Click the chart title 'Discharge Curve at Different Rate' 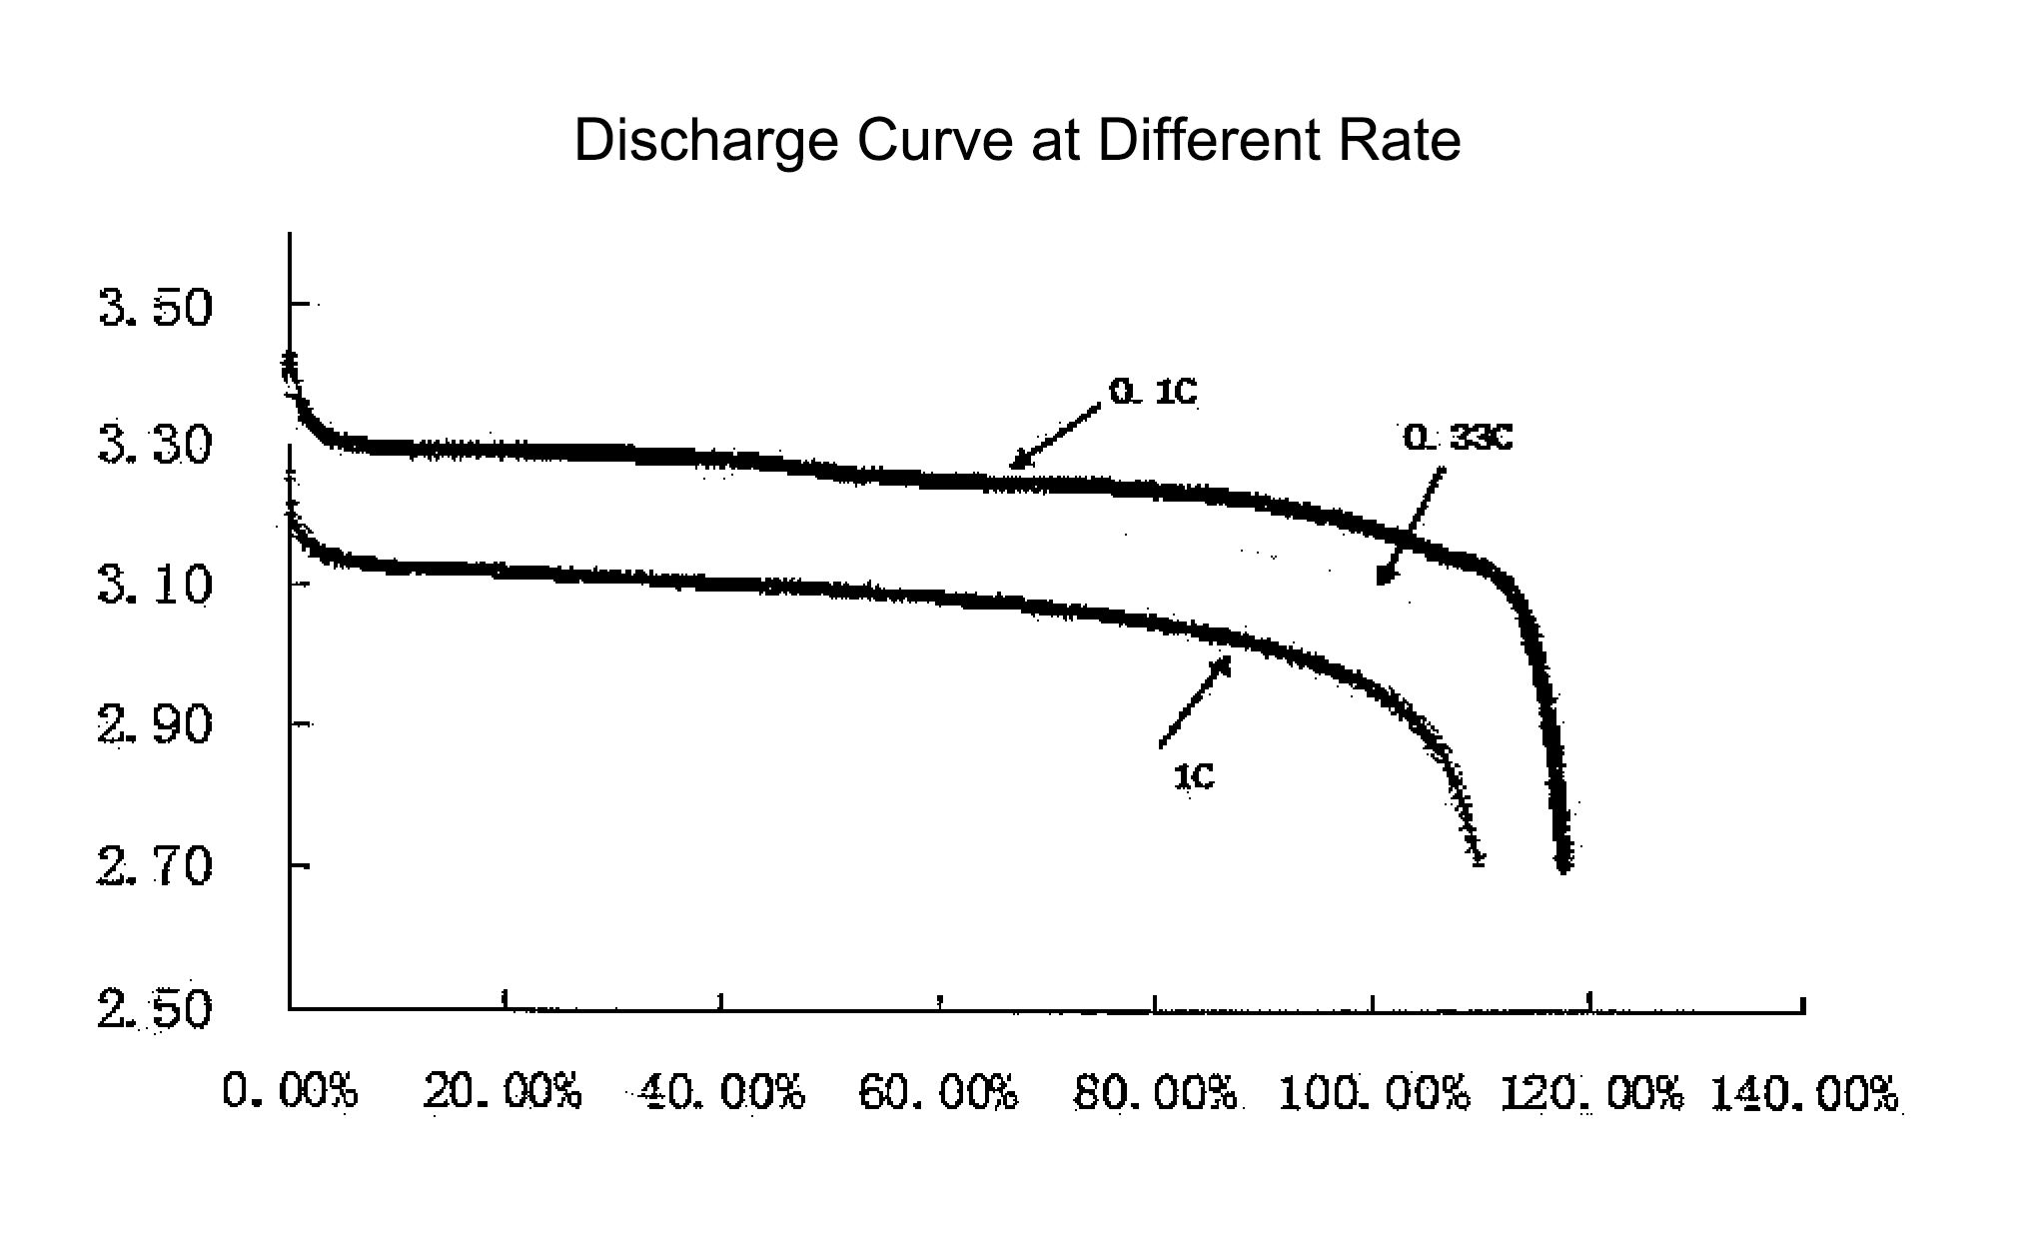(1017, 140)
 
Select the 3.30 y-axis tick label (156, 446)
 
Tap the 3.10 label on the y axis (156, 586)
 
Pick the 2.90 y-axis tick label (156, 724)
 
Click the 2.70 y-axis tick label (156, 866)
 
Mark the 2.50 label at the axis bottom (156, 1009)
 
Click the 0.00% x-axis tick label (290, 1091)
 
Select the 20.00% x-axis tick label (503, 1091)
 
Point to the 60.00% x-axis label (939, 1093)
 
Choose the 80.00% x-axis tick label (1156, 1093)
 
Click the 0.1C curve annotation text (1153, 393)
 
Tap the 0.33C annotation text (1458, 438)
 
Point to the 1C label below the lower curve (1194, 776)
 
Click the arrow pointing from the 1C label (1195, 701)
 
